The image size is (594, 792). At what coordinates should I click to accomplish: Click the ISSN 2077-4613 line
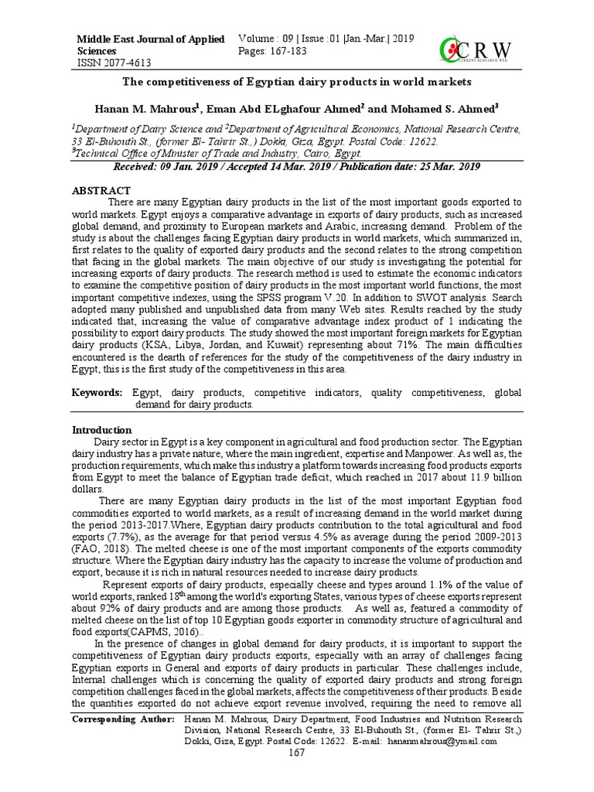click(x=112, y=63)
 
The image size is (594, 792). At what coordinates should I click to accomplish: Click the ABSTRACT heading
click(x=101, y=190)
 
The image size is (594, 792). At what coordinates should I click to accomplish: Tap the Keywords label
click(x=97, y=393)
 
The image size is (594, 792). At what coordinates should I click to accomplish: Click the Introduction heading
click(x=102, y=430)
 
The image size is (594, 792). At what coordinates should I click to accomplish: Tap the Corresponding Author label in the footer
click(x=123, y=719)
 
